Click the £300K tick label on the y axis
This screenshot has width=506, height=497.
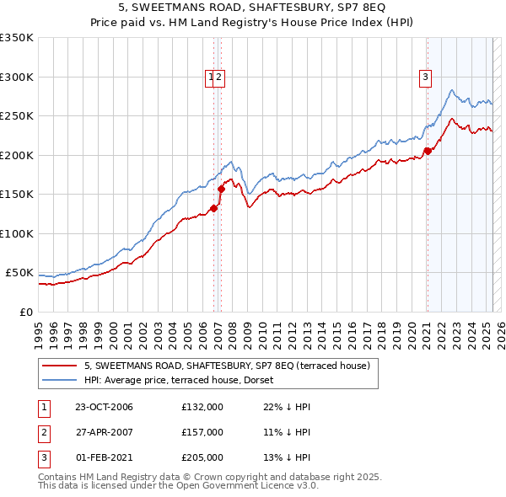pyautogui.click(x=17, y=77)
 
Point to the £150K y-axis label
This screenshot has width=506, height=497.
pyautogui.click(x=17, y=194)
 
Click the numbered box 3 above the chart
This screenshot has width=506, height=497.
pyautogui.click(x=426, y=77)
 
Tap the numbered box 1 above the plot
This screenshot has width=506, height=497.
pyautogui.click(x=210, y=77)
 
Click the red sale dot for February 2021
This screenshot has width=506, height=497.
pyautogui.click(x=428, y=151)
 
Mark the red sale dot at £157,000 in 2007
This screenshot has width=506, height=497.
pyautogui.click(x=221, y=189)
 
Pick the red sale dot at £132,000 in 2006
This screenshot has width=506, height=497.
pyautogui.click(x=214, y=208)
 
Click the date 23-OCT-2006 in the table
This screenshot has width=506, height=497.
pyautogui.click(x=104, y=407)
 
